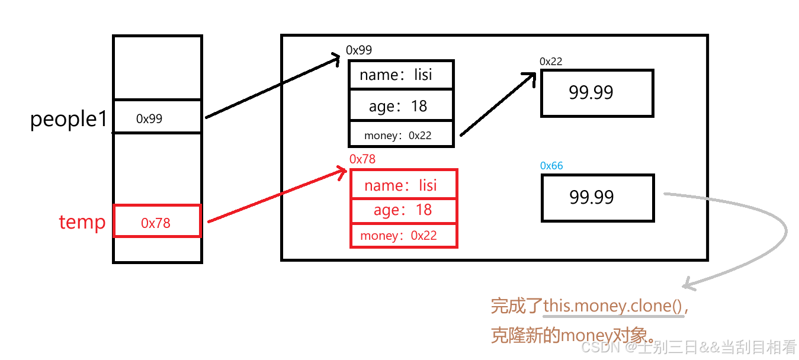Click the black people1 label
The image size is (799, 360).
(69, 120)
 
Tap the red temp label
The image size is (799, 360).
(82, 222)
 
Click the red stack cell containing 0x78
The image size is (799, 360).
(157, 221)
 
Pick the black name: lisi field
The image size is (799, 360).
(401, 75)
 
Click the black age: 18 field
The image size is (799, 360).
(401, 106)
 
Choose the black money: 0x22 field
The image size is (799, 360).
(401, 135)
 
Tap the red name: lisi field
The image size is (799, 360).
(404, 185)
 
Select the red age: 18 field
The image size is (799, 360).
(404, 211)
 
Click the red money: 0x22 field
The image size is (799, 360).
(404, 236)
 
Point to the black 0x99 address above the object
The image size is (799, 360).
(359, 50)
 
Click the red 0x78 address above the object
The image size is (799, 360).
(362, 159)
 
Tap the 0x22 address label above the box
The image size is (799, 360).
(551, 62)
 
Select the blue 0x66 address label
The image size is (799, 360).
(551, 166)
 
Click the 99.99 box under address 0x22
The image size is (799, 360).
(597, 93)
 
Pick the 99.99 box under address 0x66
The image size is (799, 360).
(598, 198)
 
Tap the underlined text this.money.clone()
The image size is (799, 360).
(613, 307)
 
